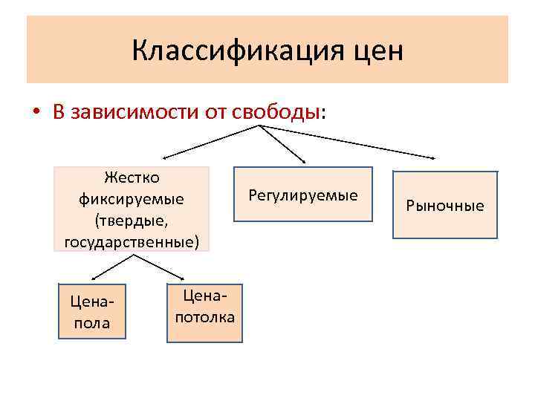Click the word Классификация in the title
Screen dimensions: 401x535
click(235, 50)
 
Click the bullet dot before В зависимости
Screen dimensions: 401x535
click(36, 113)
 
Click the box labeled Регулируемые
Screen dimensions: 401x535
click(303, 195)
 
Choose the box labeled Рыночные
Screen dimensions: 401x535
click(444, 205)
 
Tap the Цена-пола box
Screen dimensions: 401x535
click(93, 312)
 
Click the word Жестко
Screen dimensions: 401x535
click(132, 177)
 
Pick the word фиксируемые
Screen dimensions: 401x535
click(132, 200)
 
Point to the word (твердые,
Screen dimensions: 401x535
click(132, 221)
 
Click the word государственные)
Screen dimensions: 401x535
click(132, 242)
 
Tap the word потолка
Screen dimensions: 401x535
click(205, 318)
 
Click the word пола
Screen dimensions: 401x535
click(93, 323)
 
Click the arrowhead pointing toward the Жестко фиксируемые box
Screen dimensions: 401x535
click(166, 157)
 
